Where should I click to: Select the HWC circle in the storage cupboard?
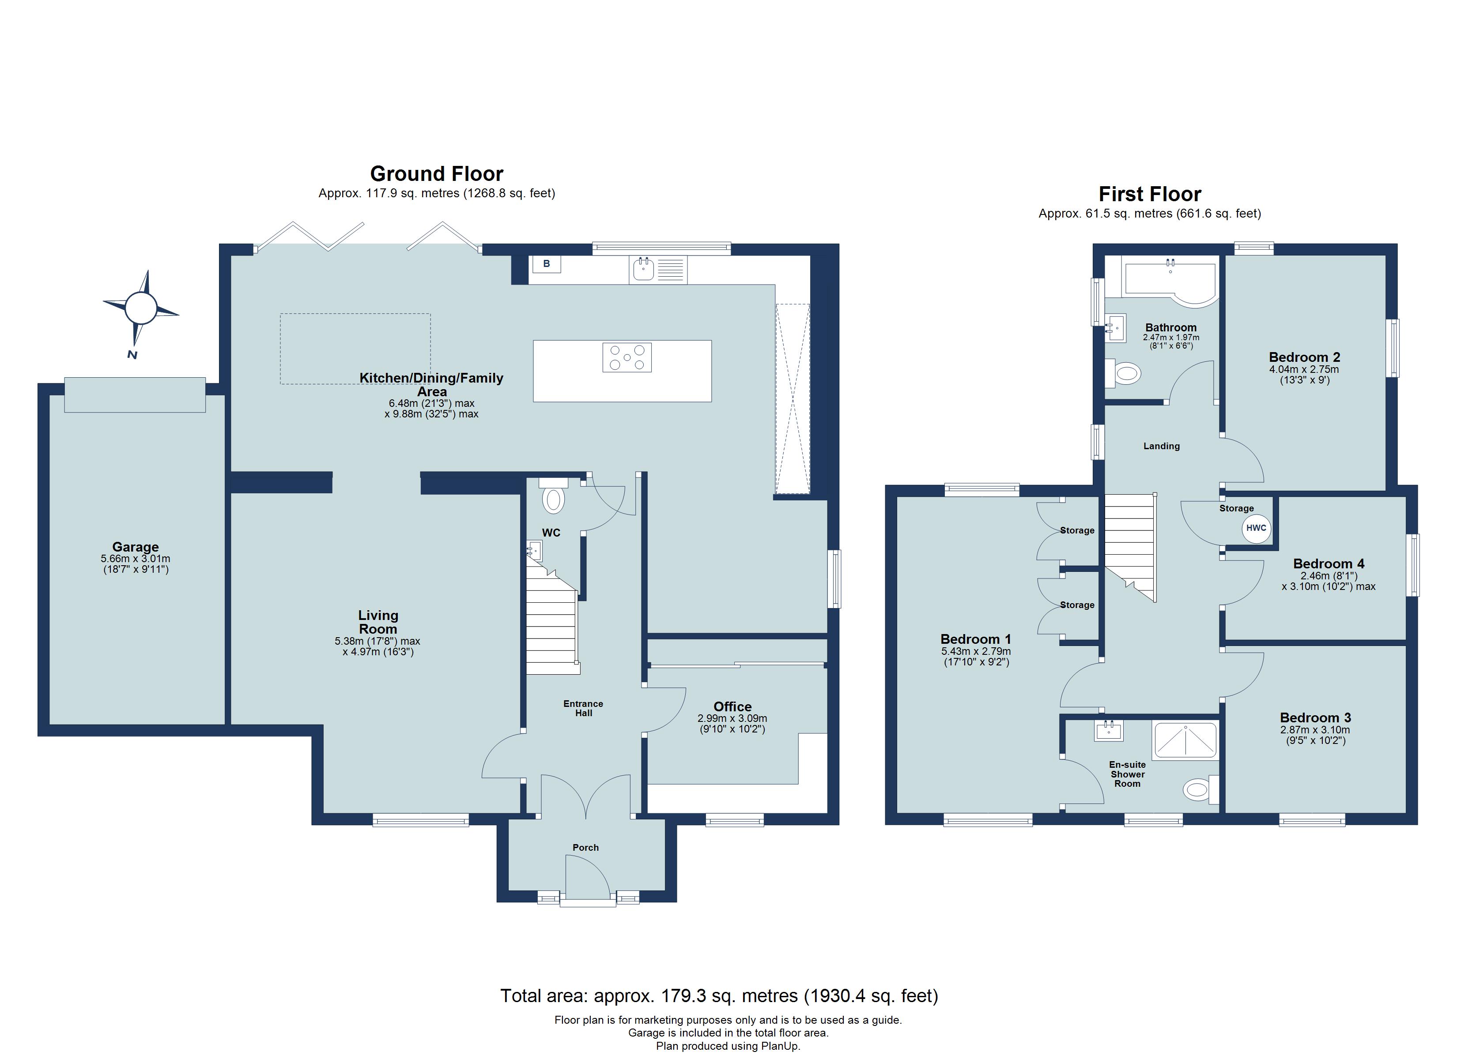(1256, 529)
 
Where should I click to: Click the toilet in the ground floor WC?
(553, 499)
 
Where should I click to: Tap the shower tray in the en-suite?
(1185, 740)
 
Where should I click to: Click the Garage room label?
(135, 547)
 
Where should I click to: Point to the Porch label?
(585, 848)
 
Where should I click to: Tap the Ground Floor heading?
(436, 174)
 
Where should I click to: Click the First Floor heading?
(1149, 194)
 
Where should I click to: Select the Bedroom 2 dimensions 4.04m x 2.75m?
(1303, 369)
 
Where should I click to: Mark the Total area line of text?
(719, 996)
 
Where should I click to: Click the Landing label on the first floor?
(1161, 446)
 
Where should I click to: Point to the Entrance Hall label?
(583, 708)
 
